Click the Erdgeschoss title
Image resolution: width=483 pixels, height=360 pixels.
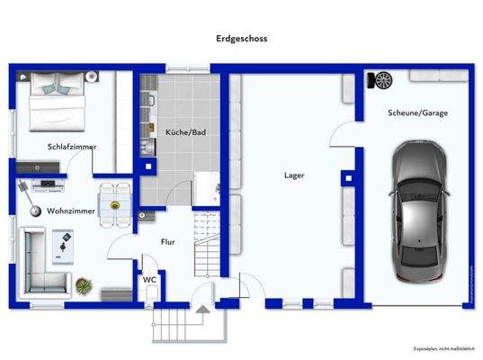pos(241,39)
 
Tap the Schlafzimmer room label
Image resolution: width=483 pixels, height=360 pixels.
pos(72,147)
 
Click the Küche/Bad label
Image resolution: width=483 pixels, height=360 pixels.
pos(185,132)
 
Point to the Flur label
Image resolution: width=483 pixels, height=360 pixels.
pos(168,242)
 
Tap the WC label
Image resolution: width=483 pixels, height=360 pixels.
pos(148,280)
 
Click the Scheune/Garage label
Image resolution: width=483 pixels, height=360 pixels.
pos(417,113)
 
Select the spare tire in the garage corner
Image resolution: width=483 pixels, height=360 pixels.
pos(382,80)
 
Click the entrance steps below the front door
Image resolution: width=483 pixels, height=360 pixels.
pos(181,325)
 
